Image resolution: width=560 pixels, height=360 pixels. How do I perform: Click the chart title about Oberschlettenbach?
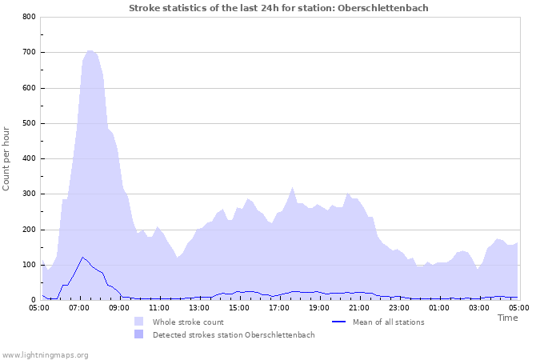tap(278, 8)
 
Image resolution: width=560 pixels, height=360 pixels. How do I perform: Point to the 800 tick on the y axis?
tap(29, 17)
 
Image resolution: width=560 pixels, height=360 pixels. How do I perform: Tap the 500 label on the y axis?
tap(29, 123)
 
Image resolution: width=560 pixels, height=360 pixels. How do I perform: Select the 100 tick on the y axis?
tap(29, 265)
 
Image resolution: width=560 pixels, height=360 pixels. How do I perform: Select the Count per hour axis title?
tap(7, 158)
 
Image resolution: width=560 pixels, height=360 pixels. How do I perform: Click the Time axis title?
tap(507, 318)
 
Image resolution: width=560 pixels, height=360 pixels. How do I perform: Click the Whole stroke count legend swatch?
tap(140, 322)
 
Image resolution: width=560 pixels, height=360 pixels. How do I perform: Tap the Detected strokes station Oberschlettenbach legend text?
tap(234, 335)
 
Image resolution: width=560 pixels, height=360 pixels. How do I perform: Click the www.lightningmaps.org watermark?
tap(45, 354)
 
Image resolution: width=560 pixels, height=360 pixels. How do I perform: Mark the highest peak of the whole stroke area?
tap(89, 50)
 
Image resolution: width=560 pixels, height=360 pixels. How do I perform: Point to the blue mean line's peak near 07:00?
tap(82, 257)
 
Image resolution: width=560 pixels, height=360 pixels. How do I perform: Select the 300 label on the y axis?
tap(29, 194)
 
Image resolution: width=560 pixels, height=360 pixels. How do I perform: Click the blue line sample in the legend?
tap(339, 322)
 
